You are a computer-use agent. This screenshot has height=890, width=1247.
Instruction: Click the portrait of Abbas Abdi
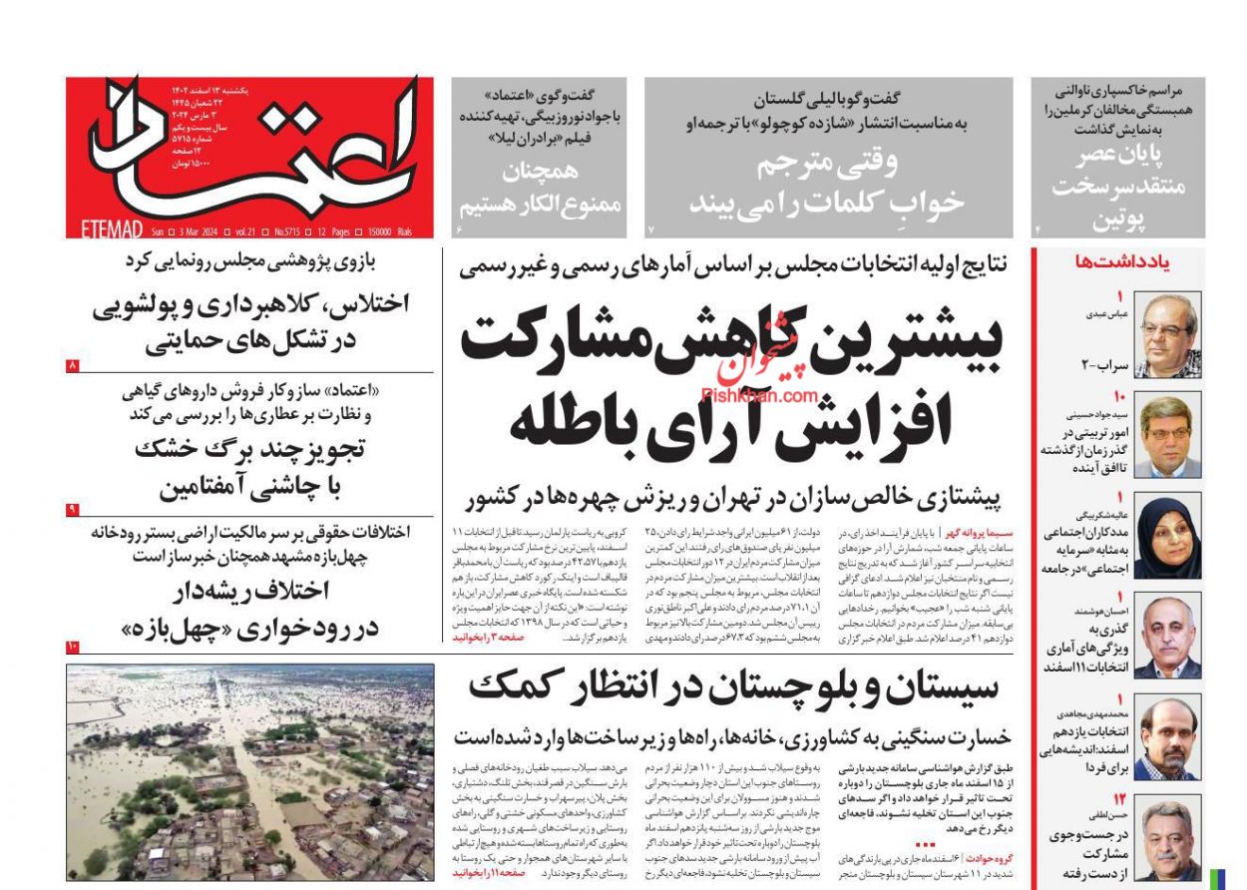coord(1168,336)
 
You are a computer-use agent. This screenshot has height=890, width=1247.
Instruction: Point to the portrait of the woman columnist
coord(1168,536)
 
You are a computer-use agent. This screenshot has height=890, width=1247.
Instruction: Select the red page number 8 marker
coord(73,366)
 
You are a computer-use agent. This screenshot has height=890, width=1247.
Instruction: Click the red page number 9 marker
coord(73,510)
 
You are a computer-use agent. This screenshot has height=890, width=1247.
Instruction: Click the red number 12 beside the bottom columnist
coord(1120,799)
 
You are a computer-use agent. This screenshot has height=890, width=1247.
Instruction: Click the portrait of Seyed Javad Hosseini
coord(1168,436)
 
